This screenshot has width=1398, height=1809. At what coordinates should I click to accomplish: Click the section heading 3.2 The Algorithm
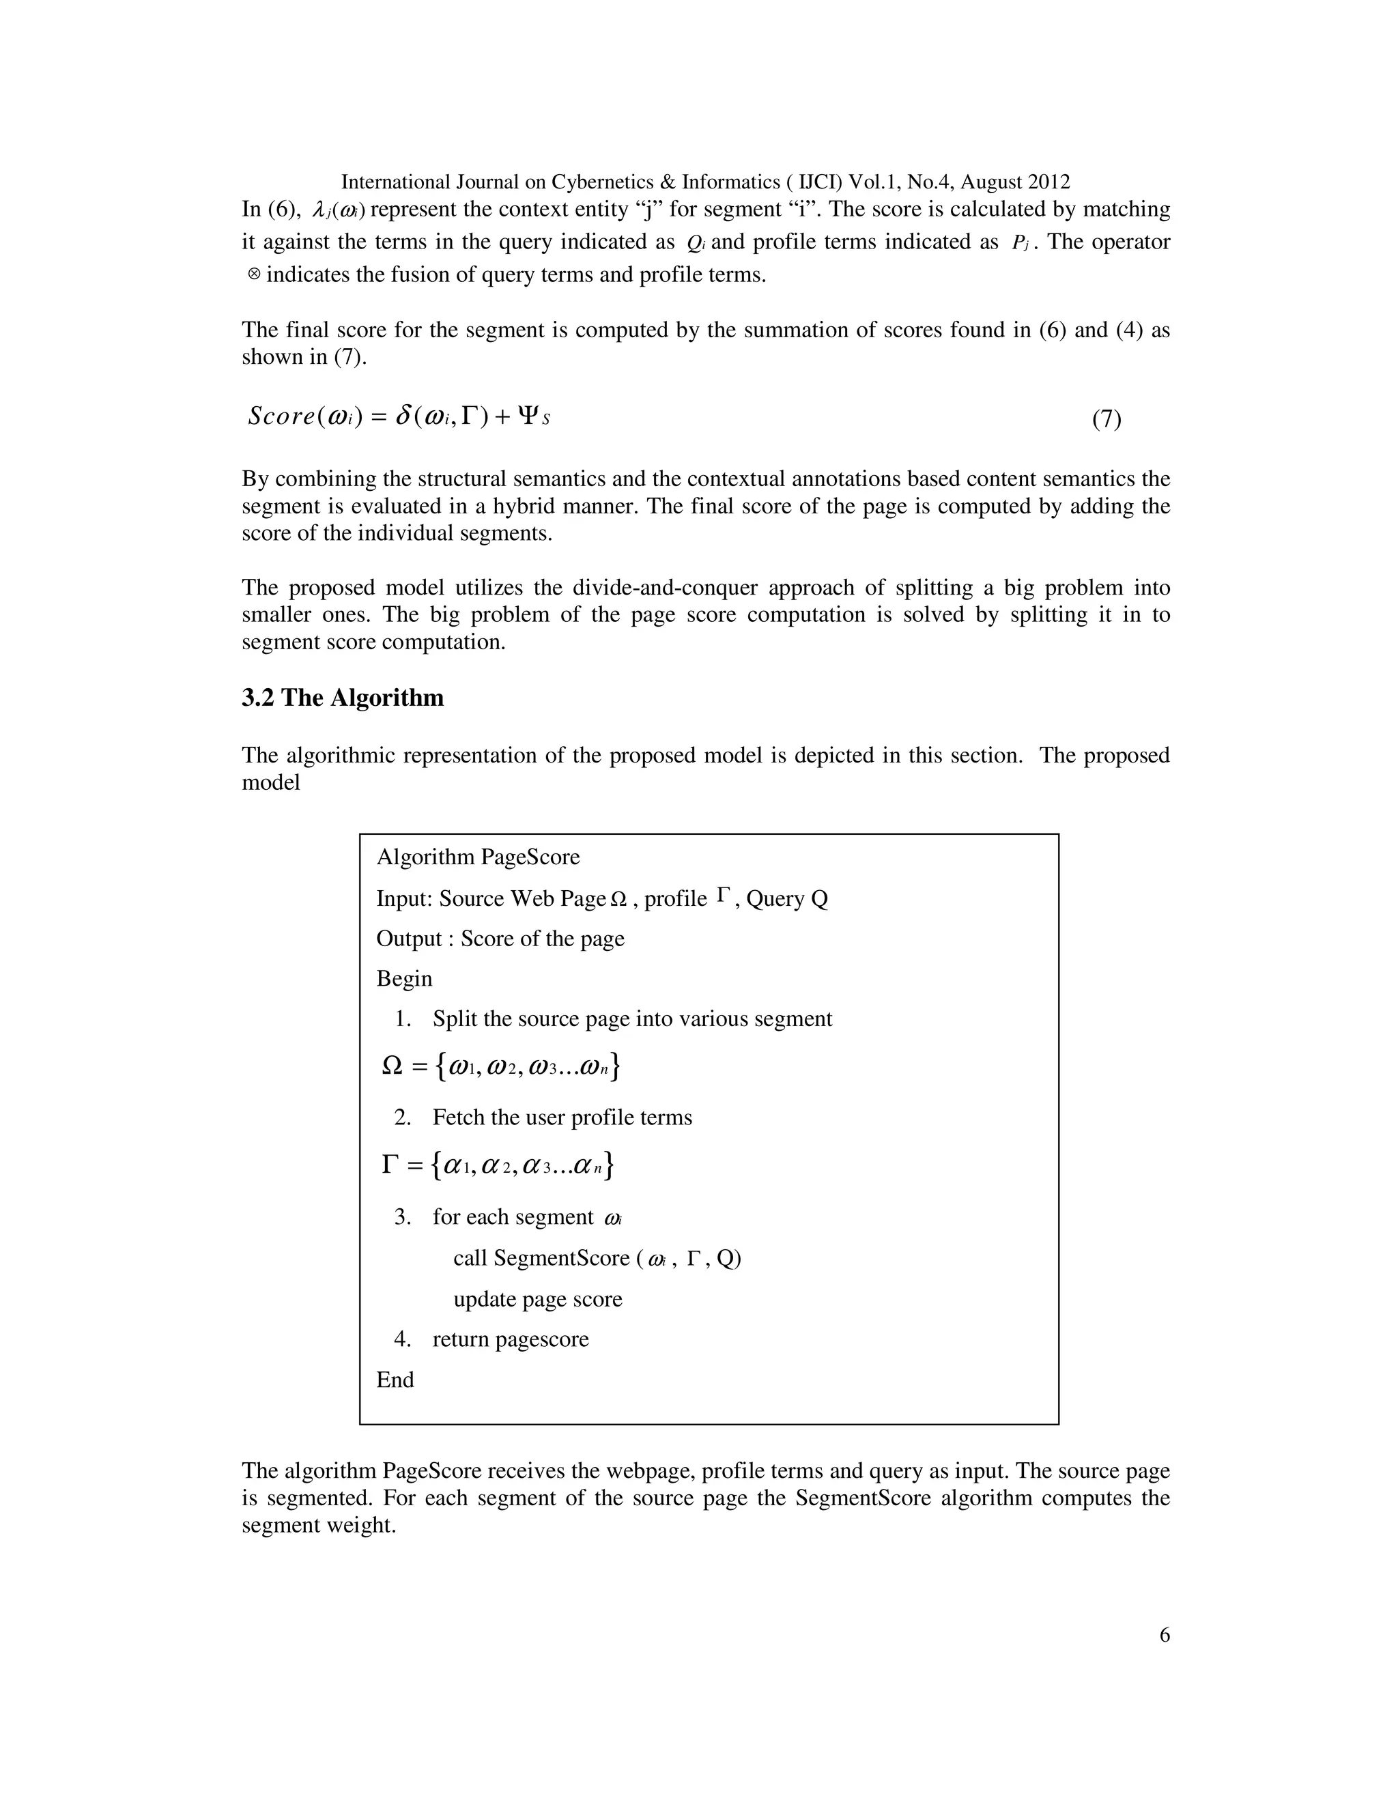pyautogui.click(x=342, y=698)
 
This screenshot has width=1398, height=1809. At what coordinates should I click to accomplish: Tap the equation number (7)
pyautogui.click(x=1106, y=419)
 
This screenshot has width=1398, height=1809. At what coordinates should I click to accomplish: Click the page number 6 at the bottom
pyautogui.click(x=1165, y=1634)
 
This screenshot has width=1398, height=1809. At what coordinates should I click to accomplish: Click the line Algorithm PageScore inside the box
pyautogui.click(x=478, y=857)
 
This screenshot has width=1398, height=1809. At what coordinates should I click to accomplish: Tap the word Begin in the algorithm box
pyautogui.click(x=404, y=978)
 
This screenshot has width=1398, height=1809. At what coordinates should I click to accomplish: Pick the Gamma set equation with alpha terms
pyautogui.click(x=498, y=1165)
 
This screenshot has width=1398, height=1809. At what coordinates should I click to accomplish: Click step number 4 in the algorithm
pyautogui.click(x=403, y=1339)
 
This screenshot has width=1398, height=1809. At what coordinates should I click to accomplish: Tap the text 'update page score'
pyautogui.click(x=537, y=1299)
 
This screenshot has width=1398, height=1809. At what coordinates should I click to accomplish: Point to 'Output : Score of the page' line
pyautogui.click(x=500, y=939)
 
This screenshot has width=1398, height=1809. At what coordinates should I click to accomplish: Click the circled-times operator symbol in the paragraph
pyautogui.click(x=254, y=274)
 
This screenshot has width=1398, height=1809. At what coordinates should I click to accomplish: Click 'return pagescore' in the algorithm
pyautogui.click(x=510, y=1339)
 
